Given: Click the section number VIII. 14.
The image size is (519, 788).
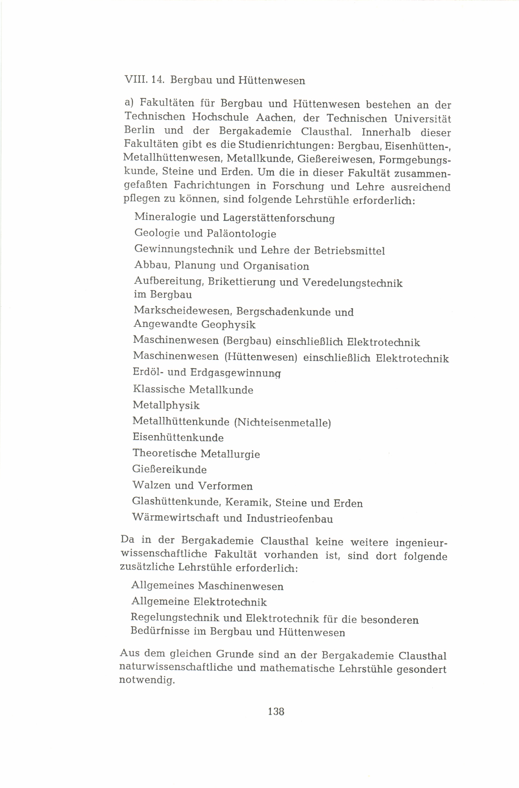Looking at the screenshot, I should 144,80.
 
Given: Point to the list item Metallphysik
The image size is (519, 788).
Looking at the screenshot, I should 166,405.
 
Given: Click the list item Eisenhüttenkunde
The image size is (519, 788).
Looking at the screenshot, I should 178,437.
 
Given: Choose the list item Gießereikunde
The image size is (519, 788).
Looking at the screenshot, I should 169,469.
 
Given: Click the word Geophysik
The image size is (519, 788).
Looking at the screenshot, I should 228,324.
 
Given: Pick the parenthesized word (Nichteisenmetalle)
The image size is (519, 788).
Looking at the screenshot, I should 282,422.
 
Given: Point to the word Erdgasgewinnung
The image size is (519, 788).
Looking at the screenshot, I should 235,373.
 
